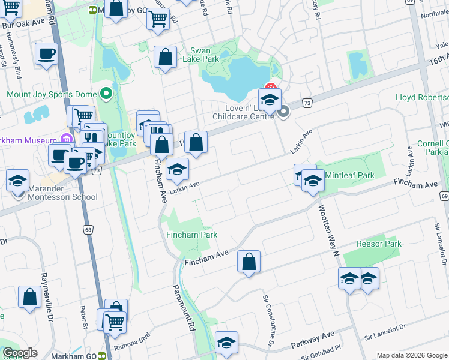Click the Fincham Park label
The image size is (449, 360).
tap(192, 235)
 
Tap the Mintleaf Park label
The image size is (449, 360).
tap(349, 175)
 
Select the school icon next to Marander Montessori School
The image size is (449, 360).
tap(18, 181)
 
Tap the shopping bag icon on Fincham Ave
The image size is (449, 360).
tap(249, 262)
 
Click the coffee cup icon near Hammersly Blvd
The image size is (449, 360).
tap(46, 55)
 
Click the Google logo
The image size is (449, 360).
tap(20, 353)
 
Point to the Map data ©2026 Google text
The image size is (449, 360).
tap(411, 355)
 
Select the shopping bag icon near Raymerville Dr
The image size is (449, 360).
tap(29, 298)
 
